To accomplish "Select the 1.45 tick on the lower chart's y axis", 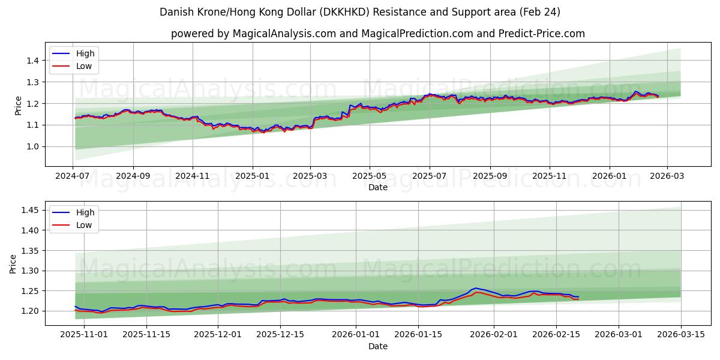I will click(29, 210).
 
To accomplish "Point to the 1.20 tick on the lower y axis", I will click(29, 311).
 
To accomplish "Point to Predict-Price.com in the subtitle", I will click(542, 34).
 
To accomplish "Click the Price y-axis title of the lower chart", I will click(13, 263).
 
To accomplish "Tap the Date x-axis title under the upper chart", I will click(378, 187).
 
